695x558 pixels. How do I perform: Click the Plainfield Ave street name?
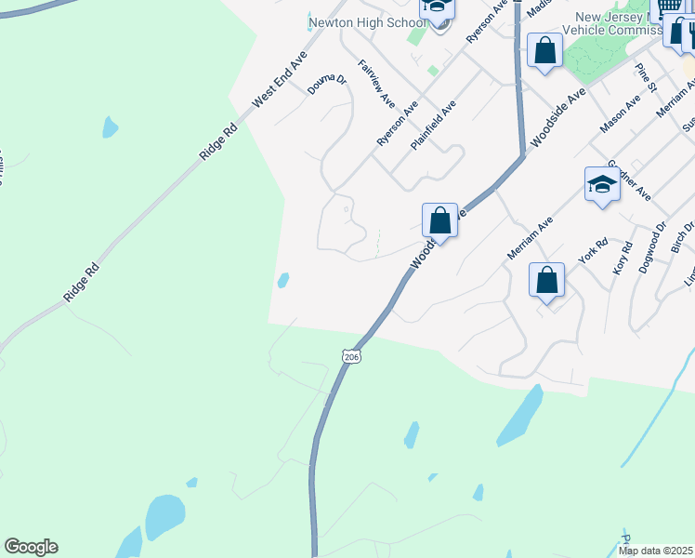click(x=434, y=127)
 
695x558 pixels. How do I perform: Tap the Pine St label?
click(x=647, y=77)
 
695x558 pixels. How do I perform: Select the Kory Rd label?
click(x=622, y=258)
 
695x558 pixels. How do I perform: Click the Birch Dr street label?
click(x=682, y=240)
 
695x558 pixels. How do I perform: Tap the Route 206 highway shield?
click(x=350, y=356)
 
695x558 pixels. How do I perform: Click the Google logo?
click(x=31, y=547)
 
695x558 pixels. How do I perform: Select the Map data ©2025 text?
click(x=655, y=551)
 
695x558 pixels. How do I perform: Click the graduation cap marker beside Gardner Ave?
click(x=602, y=184)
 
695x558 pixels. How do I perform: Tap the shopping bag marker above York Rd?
click(x=547, y=279)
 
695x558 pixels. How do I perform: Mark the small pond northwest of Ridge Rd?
click(x=111, y=127)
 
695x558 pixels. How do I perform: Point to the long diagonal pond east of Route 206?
click(x=521, y=415)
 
